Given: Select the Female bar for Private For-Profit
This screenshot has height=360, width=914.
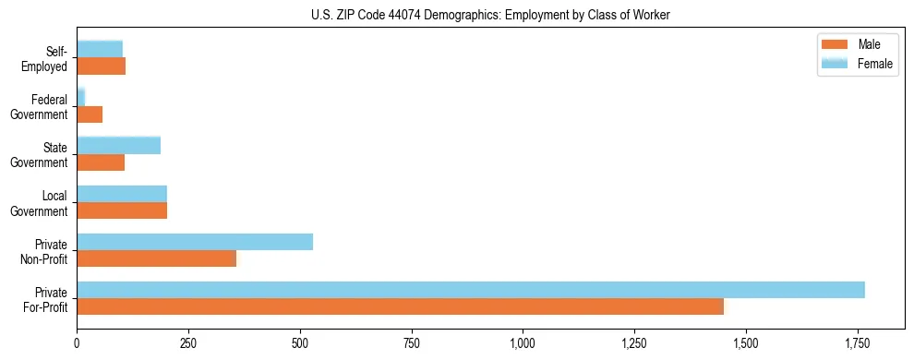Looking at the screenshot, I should point(471,290).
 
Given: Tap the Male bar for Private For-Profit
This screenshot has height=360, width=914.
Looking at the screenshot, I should point(400,306).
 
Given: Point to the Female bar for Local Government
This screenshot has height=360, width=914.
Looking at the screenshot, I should point(122,194).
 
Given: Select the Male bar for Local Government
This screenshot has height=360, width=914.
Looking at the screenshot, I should point(122,210).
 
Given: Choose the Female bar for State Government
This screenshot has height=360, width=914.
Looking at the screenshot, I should point(118,145).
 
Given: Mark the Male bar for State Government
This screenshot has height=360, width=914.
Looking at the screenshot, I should point(101,162).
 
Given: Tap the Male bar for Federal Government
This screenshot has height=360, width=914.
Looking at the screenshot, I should point(90,114).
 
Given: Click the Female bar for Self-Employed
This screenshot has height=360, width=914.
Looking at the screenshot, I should point(100,49).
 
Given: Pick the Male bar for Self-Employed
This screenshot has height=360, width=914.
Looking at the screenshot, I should point(101,66).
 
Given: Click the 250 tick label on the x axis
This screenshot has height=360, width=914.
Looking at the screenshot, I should point(188,344).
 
